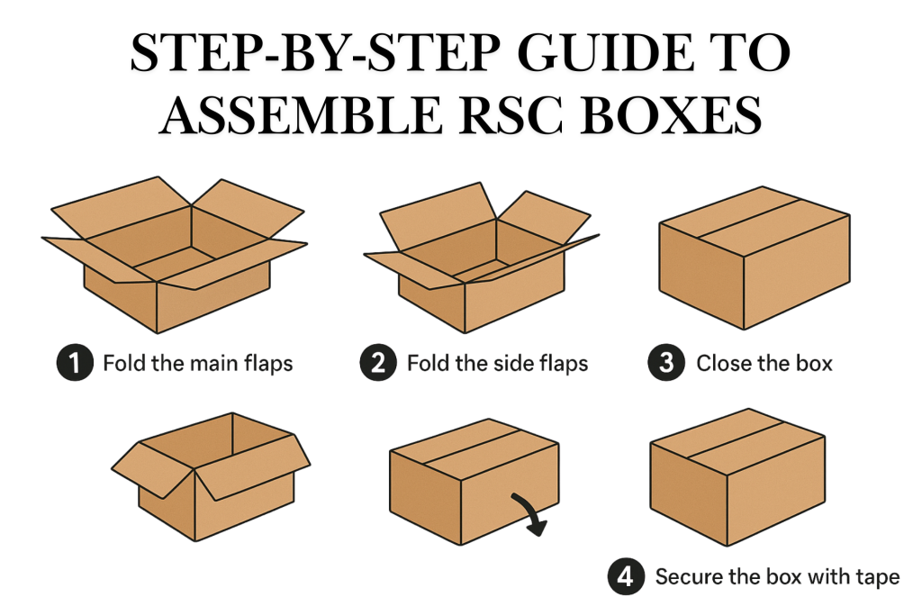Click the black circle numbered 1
(75, 363)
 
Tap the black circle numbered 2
(378, 363)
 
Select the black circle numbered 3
(666, 363)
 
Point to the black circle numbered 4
(625, 576)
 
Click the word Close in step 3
(723, 364)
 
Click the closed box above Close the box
(755, 261)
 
